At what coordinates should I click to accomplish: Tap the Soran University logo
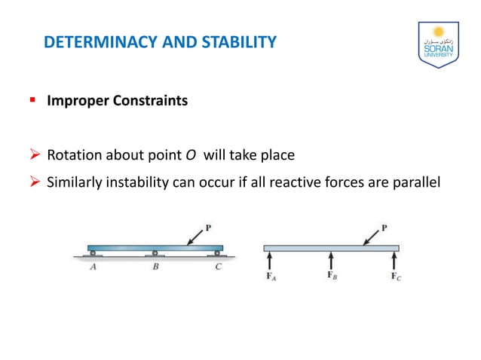tap(437, 45)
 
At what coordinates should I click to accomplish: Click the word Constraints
tap(150, 100)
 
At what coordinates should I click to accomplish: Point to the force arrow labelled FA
tap(269, 261)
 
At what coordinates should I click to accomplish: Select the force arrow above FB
tap(331, 261)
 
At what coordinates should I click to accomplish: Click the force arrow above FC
tap(393, 261)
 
